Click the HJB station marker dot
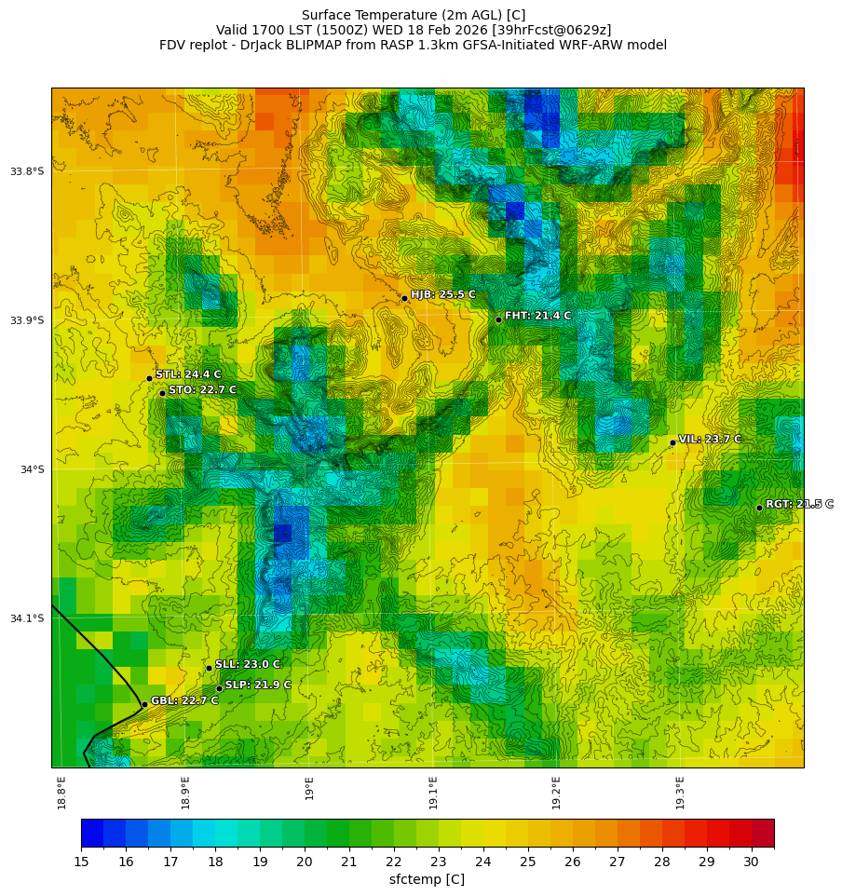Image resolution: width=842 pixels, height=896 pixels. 404,298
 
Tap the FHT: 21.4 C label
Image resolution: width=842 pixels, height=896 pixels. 537,316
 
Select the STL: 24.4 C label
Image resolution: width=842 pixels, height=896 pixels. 188,374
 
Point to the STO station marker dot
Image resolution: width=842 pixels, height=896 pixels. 162,393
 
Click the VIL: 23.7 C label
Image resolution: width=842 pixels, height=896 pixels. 710,439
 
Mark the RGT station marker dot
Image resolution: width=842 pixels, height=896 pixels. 759,508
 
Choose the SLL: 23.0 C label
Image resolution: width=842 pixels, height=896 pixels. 247,664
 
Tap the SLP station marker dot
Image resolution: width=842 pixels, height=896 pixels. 219,688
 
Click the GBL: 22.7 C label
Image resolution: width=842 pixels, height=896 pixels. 184,700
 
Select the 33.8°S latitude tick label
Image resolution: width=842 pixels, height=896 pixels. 27,171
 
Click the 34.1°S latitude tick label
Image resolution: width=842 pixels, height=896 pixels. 27,618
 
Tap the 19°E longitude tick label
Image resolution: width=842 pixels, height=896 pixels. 309,788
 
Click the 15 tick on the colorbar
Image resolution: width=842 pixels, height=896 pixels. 81,862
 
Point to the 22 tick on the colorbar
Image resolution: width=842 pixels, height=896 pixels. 394,862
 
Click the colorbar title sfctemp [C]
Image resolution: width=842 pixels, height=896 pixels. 427,879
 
